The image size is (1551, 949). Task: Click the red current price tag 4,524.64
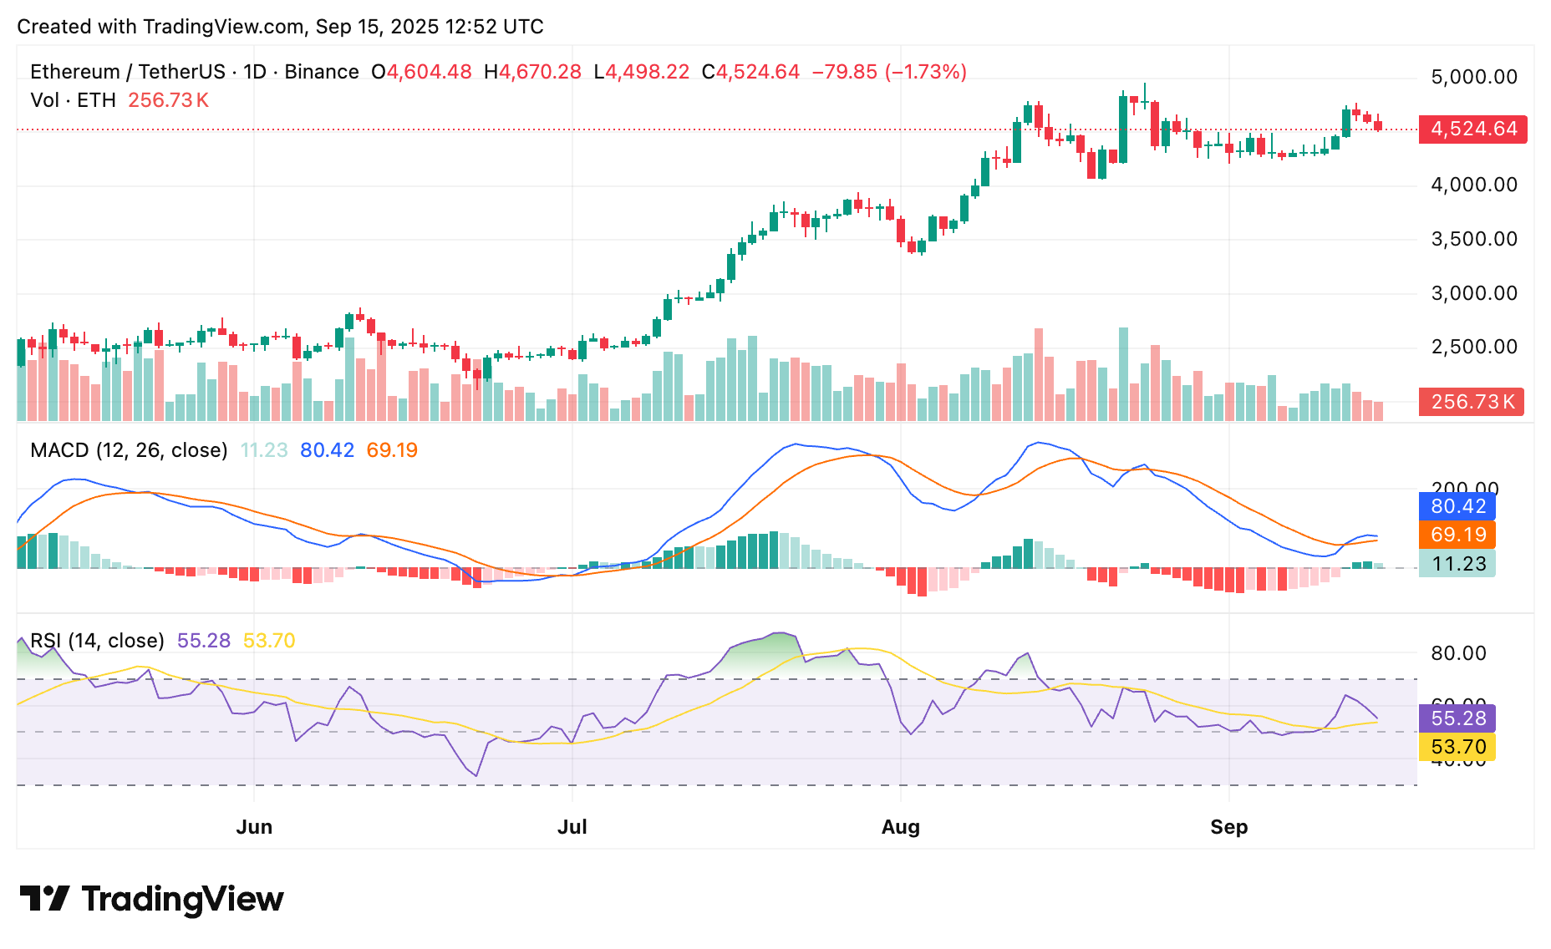[1472, 129]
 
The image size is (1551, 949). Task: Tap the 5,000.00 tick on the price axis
[1474, 77]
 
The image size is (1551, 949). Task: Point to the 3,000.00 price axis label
[1474, 293]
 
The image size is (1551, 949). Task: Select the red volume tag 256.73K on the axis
[1472, 402]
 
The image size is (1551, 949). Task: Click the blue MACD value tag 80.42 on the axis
[1457, 506]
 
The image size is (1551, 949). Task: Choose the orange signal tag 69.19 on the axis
[1457, 535]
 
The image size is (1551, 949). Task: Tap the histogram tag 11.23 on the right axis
[1457, 564]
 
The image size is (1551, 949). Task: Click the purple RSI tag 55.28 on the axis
[1457, 718]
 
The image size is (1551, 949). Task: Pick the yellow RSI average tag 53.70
[1457, 747]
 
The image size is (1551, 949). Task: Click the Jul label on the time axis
[572, 827]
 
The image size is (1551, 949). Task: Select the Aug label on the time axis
[900, 827]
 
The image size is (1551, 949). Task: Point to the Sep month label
[1228, 827]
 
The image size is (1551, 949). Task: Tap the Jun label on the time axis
[254, 827]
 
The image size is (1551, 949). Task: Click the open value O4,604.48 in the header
[422, 72]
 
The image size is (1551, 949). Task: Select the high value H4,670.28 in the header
[532, 72]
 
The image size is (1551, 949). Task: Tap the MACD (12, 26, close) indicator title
[129, 450]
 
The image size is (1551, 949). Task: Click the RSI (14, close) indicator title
[97, 641]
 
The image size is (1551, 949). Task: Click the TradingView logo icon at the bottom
[44, 899]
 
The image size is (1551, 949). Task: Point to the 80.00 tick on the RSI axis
[1458, 653]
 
